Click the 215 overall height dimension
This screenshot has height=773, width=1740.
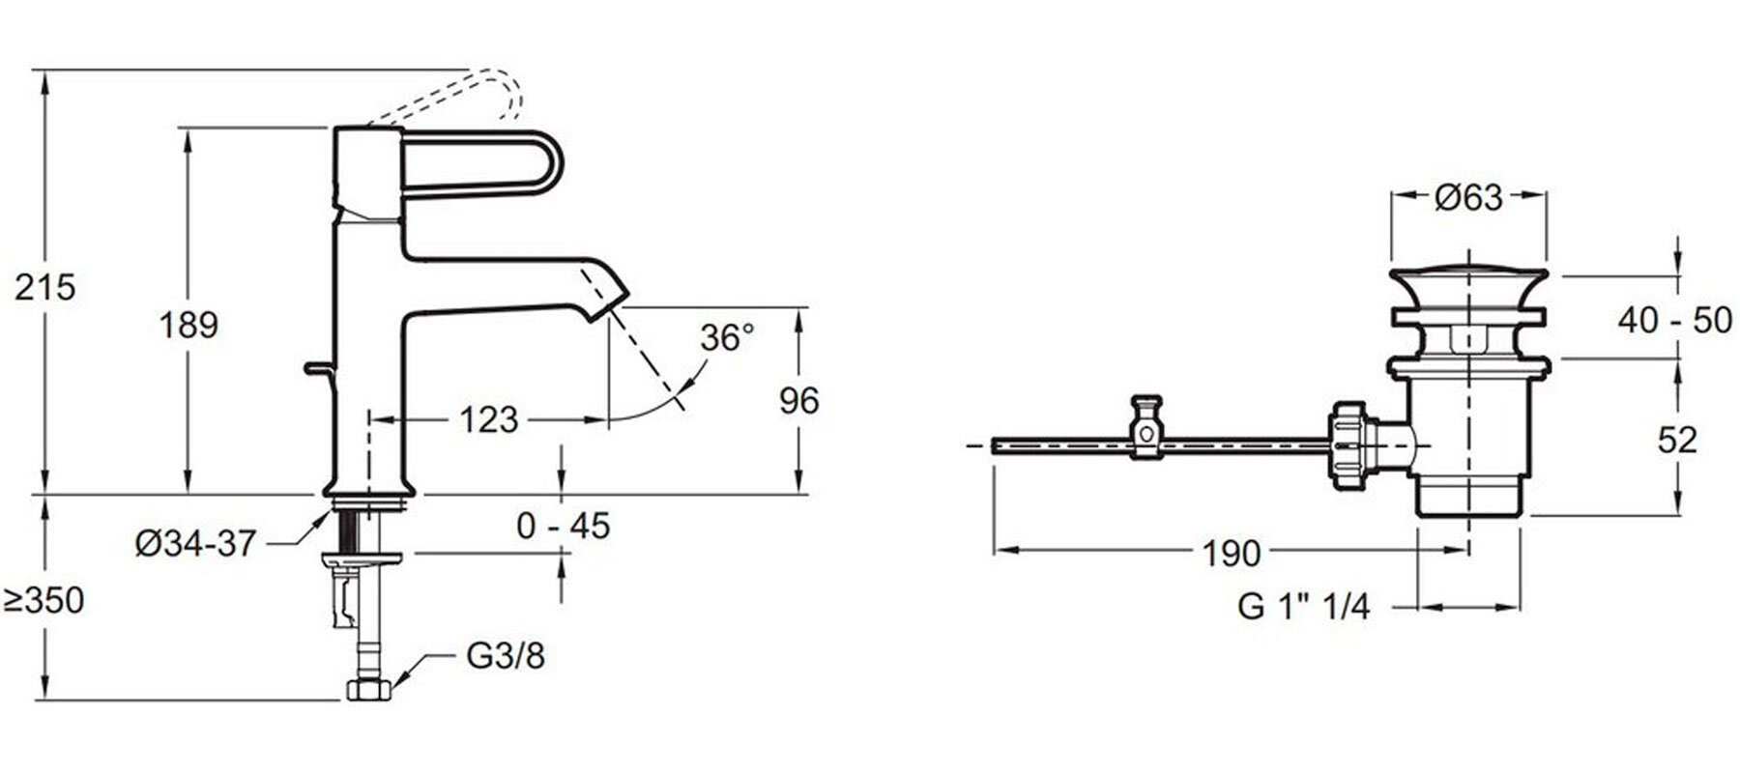[x=44, y=287]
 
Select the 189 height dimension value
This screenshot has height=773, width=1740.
[x=189, y=325]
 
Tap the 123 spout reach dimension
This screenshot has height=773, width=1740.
[x=488, y=420]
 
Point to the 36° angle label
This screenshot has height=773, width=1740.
[x=727, y=337]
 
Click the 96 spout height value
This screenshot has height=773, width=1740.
[x=798, y=400]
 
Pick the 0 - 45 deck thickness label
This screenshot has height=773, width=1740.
[x=564, y=526]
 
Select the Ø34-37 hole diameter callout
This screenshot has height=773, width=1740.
[x=195, y=544]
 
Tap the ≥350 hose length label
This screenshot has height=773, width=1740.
[x=44, y=601]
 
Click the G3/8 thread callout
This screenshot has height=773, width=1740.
[x=505, y=656]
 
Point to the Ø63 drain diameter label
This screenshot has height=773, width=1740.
[x=1468, y=198]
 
